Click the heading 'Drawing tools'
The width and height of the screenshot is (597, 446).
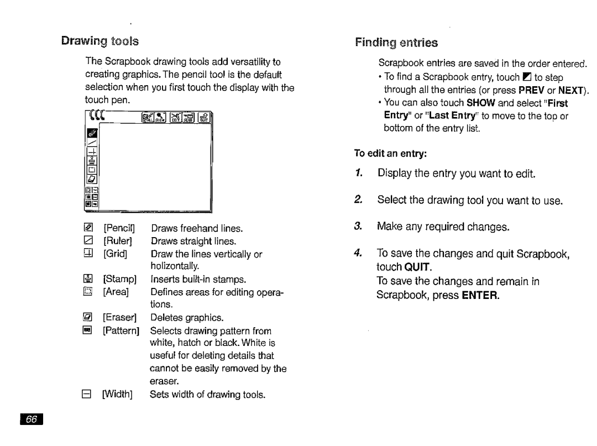pyautogui.click(x=100, y=41)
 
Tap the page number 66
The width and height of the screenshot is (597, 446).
pyautogui.click(x=32, y=420)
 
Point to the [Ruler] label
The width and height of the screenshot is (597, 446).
pyautogui.click(x=116, y=241)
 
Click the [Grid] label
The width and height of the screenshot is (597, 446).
pyautogui.click(x=115, y=254)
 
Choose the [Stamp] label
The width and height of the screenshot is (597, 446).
pyautogui.click(x=118, y=279)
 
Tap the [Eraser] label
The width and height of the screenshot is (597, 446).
pyautogui.click(x=118, y=317)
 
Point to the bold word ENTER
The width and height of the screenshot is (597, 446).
pyautogui.click(x=481, y=295)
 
